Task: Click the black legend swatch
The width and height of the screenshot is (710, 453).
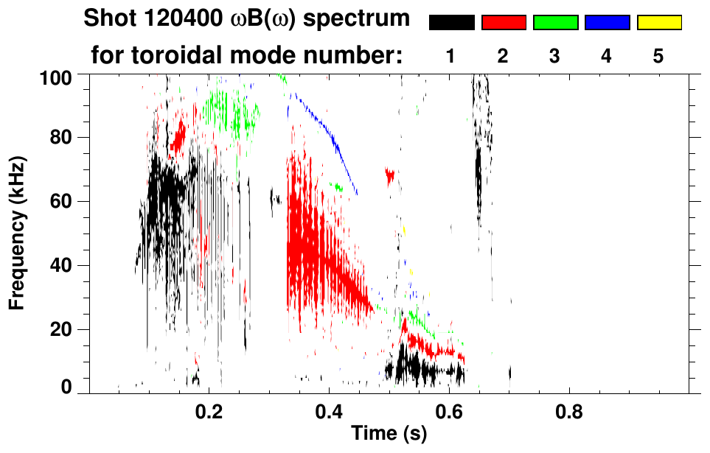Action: (x=451, y=23)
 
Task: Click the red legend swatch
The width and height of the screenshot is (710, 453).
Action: (x=504, y=23)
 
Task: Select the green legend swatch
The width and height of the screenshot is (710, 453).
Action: (x=555, y=23)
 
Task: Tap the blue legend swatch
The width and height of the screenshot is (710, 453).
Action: (x=607, y=23)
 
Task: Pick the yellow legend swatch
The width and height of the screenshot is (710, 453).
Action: (x=658, y=23)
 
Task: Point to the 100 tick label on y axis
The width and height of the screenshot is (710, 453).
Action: (x=62, y=77)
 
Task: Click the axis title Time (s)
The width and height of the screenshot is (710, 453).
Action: (x=388, y=434)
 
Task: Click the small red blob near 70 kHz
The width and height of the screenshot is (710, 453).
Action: (x=390, y=175)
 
